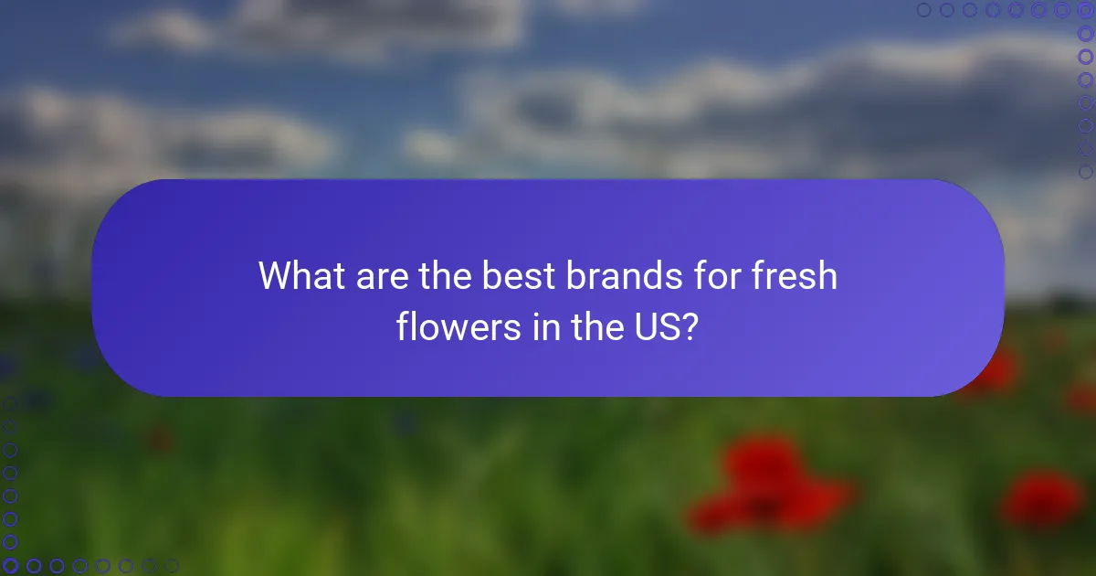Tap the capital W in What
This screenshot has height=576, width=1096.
275,276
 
